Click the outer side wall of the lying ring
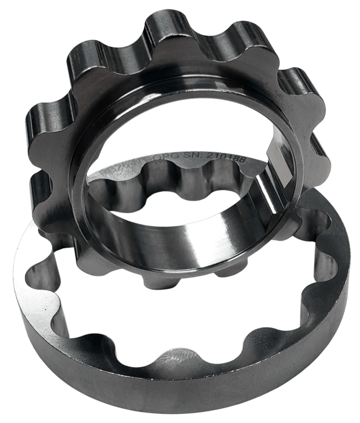165,397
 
